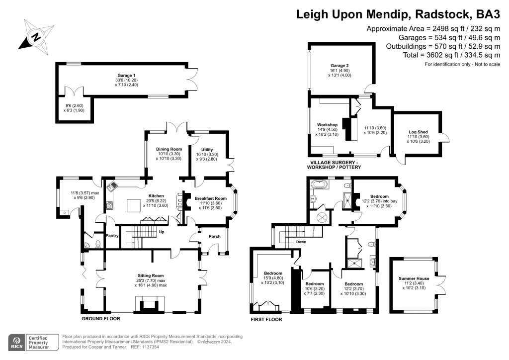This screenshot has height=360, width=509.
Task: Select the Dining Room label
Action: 169,149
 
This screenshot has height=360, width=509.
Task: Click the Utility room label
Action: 207,150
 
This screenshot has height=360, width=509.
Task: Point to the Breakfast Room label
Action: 210,198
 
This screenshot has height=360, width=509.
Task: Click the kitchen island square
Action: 134,205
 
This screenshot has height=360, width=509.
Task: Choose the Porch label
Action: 214,236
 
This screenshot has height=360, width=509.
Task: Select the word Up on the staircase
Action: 161,232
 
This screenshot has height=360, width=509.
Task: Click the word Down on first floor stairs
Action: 301,242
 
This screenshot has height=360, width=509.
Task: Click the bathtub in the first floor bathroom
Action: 321,185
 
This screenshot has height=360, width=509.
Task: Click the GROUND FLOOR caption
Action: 99,318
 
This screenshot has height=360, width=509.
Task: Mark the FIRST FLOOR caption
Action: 267,320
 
